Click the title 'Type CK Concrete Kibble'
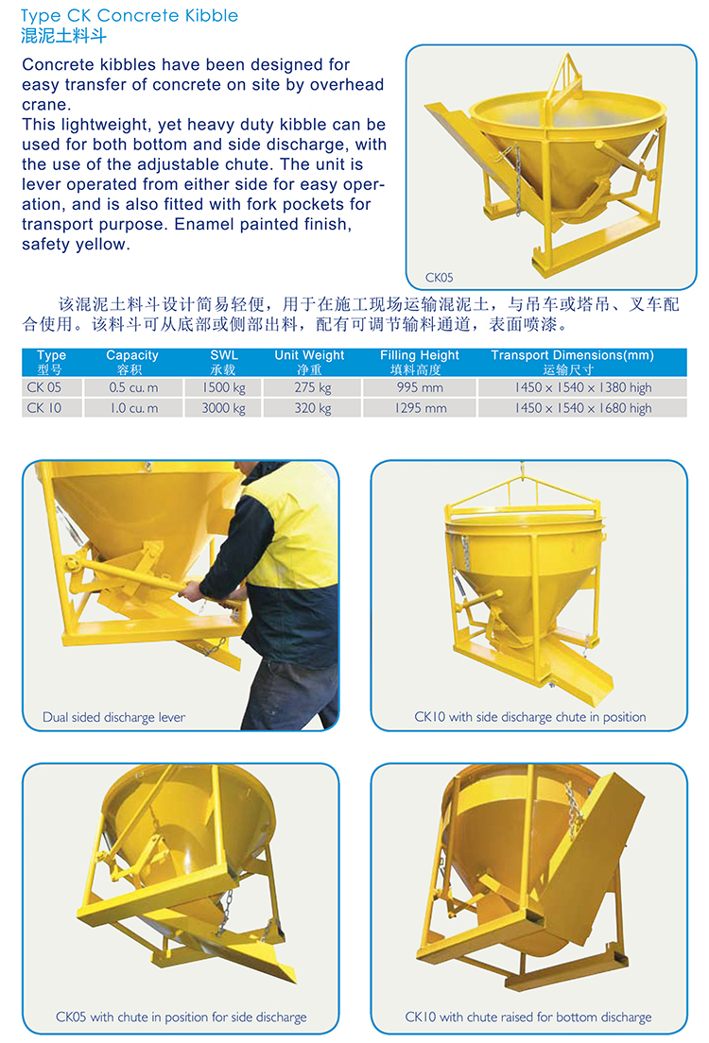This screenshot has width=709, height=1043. click(x=130, y=15)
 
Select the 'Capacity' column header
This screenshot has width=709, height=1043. click(x=131, y=355)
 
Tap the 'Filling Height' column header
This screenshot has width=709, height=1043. click(x=420, y=355)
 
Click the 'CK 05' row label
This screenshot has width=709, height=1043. click(x=43, y=387)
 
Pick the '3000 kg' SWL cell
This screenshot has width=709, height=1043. click(x=224, y=408)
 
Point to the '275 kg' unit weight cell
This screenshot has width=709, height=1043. click(x=313, y=387)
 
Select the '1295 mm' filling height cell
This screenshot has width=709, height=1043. click(x=421, y=408)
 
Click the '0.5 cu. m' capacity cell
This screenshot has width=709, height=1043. click(x=134, y=387)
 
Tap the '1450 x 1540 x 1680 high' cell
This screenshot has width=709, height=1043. click(x=583, y=408)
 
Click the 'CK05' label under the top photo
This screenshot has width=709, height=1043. click(x=440, y=278)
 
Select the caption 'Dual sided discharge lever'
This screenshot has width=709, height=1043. click(x=113, y=717)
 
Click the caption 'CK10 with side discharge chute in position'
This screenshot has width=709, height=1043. click(x=530, y=717)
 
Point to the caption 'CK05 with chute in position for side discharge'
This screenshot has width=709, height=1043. click(x=182, y=1017)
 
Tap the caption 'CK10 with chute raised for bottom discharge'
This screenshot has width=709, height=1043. click(x=528, y=1017)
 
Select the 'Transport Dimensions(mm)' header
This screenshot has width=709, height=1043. click(x=573, y=355)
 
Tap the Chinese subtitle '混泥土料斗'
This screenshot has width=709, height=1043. click(x=63, y=35)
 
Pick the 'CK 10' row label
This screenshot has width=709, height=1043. click(x=43, y=408)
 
